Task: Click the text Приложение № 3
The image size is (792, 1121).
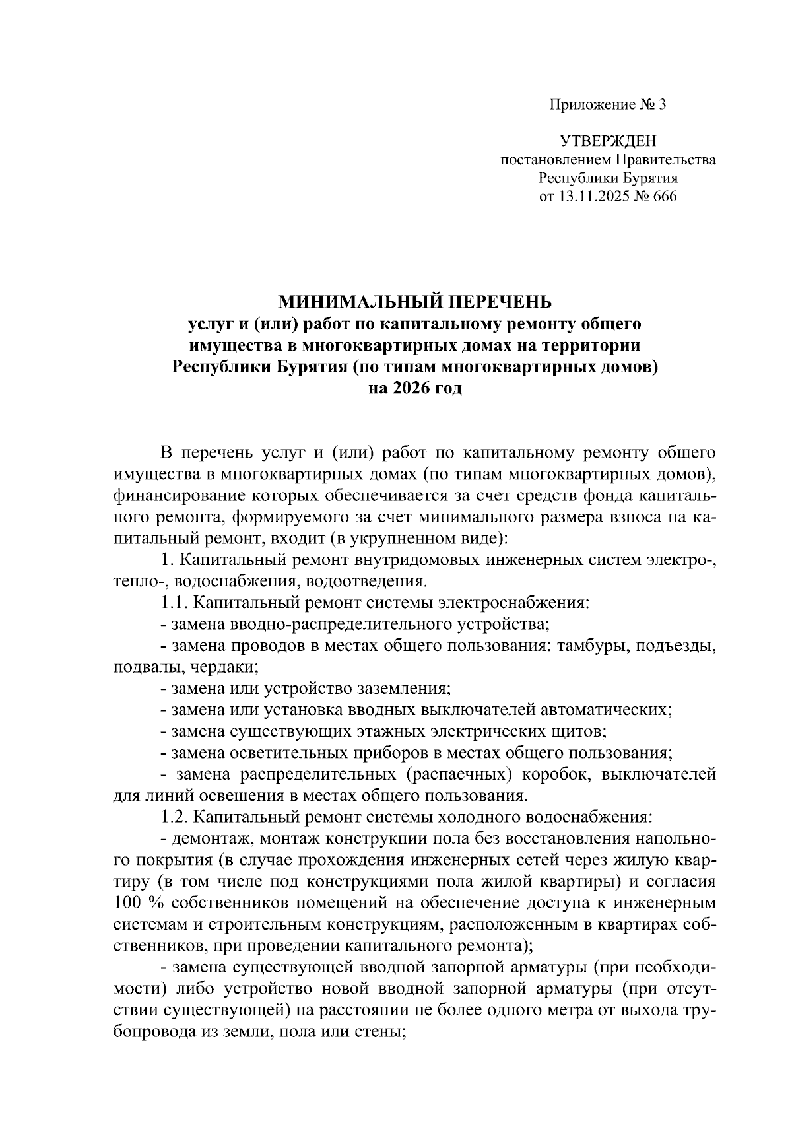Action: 608,105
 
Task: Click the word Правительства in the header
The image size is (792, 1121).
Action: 665,160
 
